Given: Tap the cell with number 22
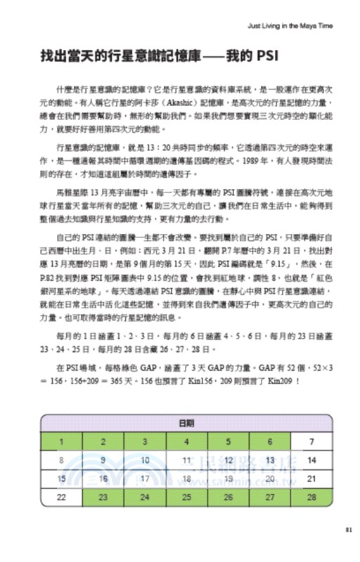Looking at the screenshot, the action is pos(61,496).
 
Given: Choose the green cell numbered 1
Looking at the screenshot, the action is pos(61,443).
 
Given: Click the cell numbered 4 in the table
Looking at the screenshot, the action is pos(187,443).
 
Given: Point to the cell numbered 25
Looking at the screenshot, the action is pos(187,496).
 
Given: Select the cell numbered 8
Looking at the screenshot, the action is pos(61,460).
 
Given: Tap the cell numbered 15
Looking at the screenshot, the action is pos(61,478).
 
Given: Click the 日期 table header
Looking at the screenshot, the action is pos(186,424).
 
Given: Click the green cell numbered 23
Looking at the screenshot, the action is pos(103,496).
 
